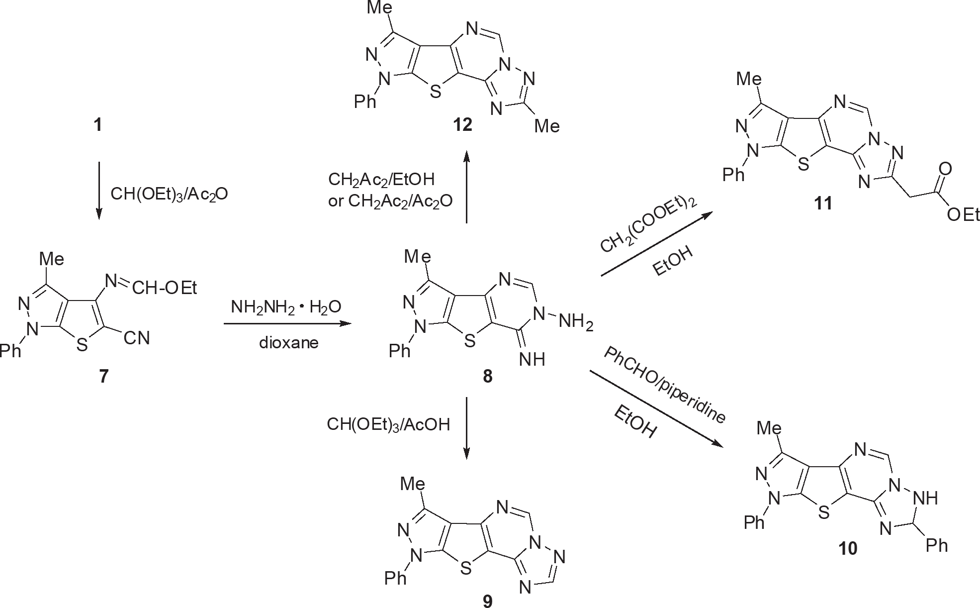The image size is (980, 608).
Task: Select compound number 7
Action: [x=103, y=376]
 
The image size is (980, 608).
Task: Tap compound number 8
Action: [x=487, y=376]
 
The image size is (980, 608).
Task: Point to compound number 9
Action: [x=487, y=601]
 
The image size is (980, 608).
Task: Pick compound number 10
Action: [x=848, y=548]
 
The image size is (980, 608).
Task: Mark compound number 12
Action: [x=462, y=124]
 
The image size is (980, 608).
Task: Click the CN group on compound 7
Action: [x=137, y=338]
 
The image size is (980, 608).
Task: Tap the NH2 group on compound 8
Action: [x=576, y=323]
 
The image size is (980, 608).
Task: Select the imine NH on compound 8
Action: [x=532, y=359]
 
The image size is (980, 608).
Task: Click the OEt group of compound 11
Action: [x=963, y=214]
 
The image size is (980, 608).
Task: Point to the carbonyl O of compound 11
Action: [x=945, y=169]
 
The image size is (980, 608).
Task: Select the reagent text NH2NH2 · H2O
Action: [x=286, y=307]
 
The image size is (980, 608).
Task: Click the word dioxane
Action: [x=288, y=343]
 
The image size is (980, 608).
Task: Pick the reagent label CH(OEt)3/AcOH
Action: [x=388, y=424]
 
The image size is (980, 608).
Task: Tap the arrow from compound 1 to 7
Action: [x=99, y=190]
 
